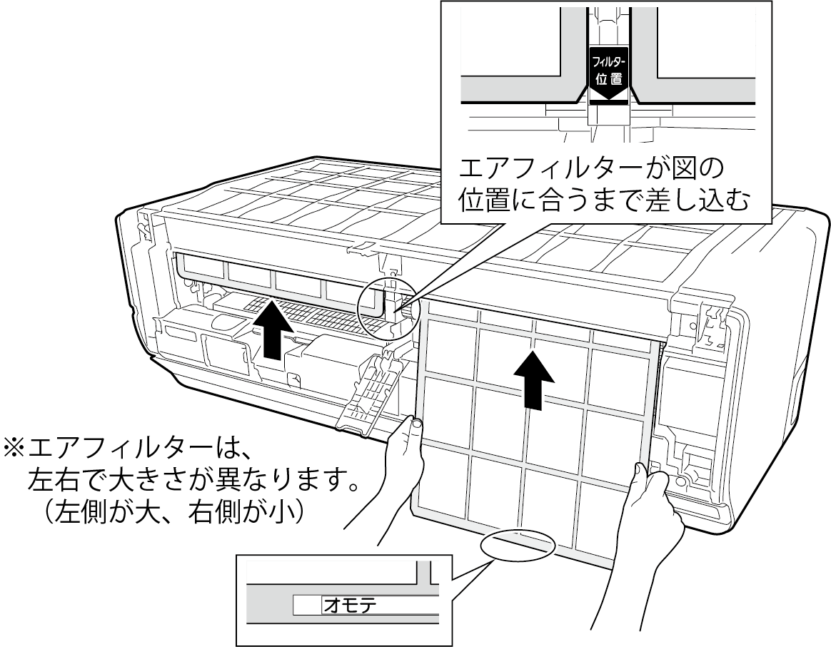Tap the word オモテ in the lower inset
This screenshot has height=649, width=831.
point(349,605)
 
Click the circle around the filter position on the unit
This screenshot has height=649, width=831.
point(387,308)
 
